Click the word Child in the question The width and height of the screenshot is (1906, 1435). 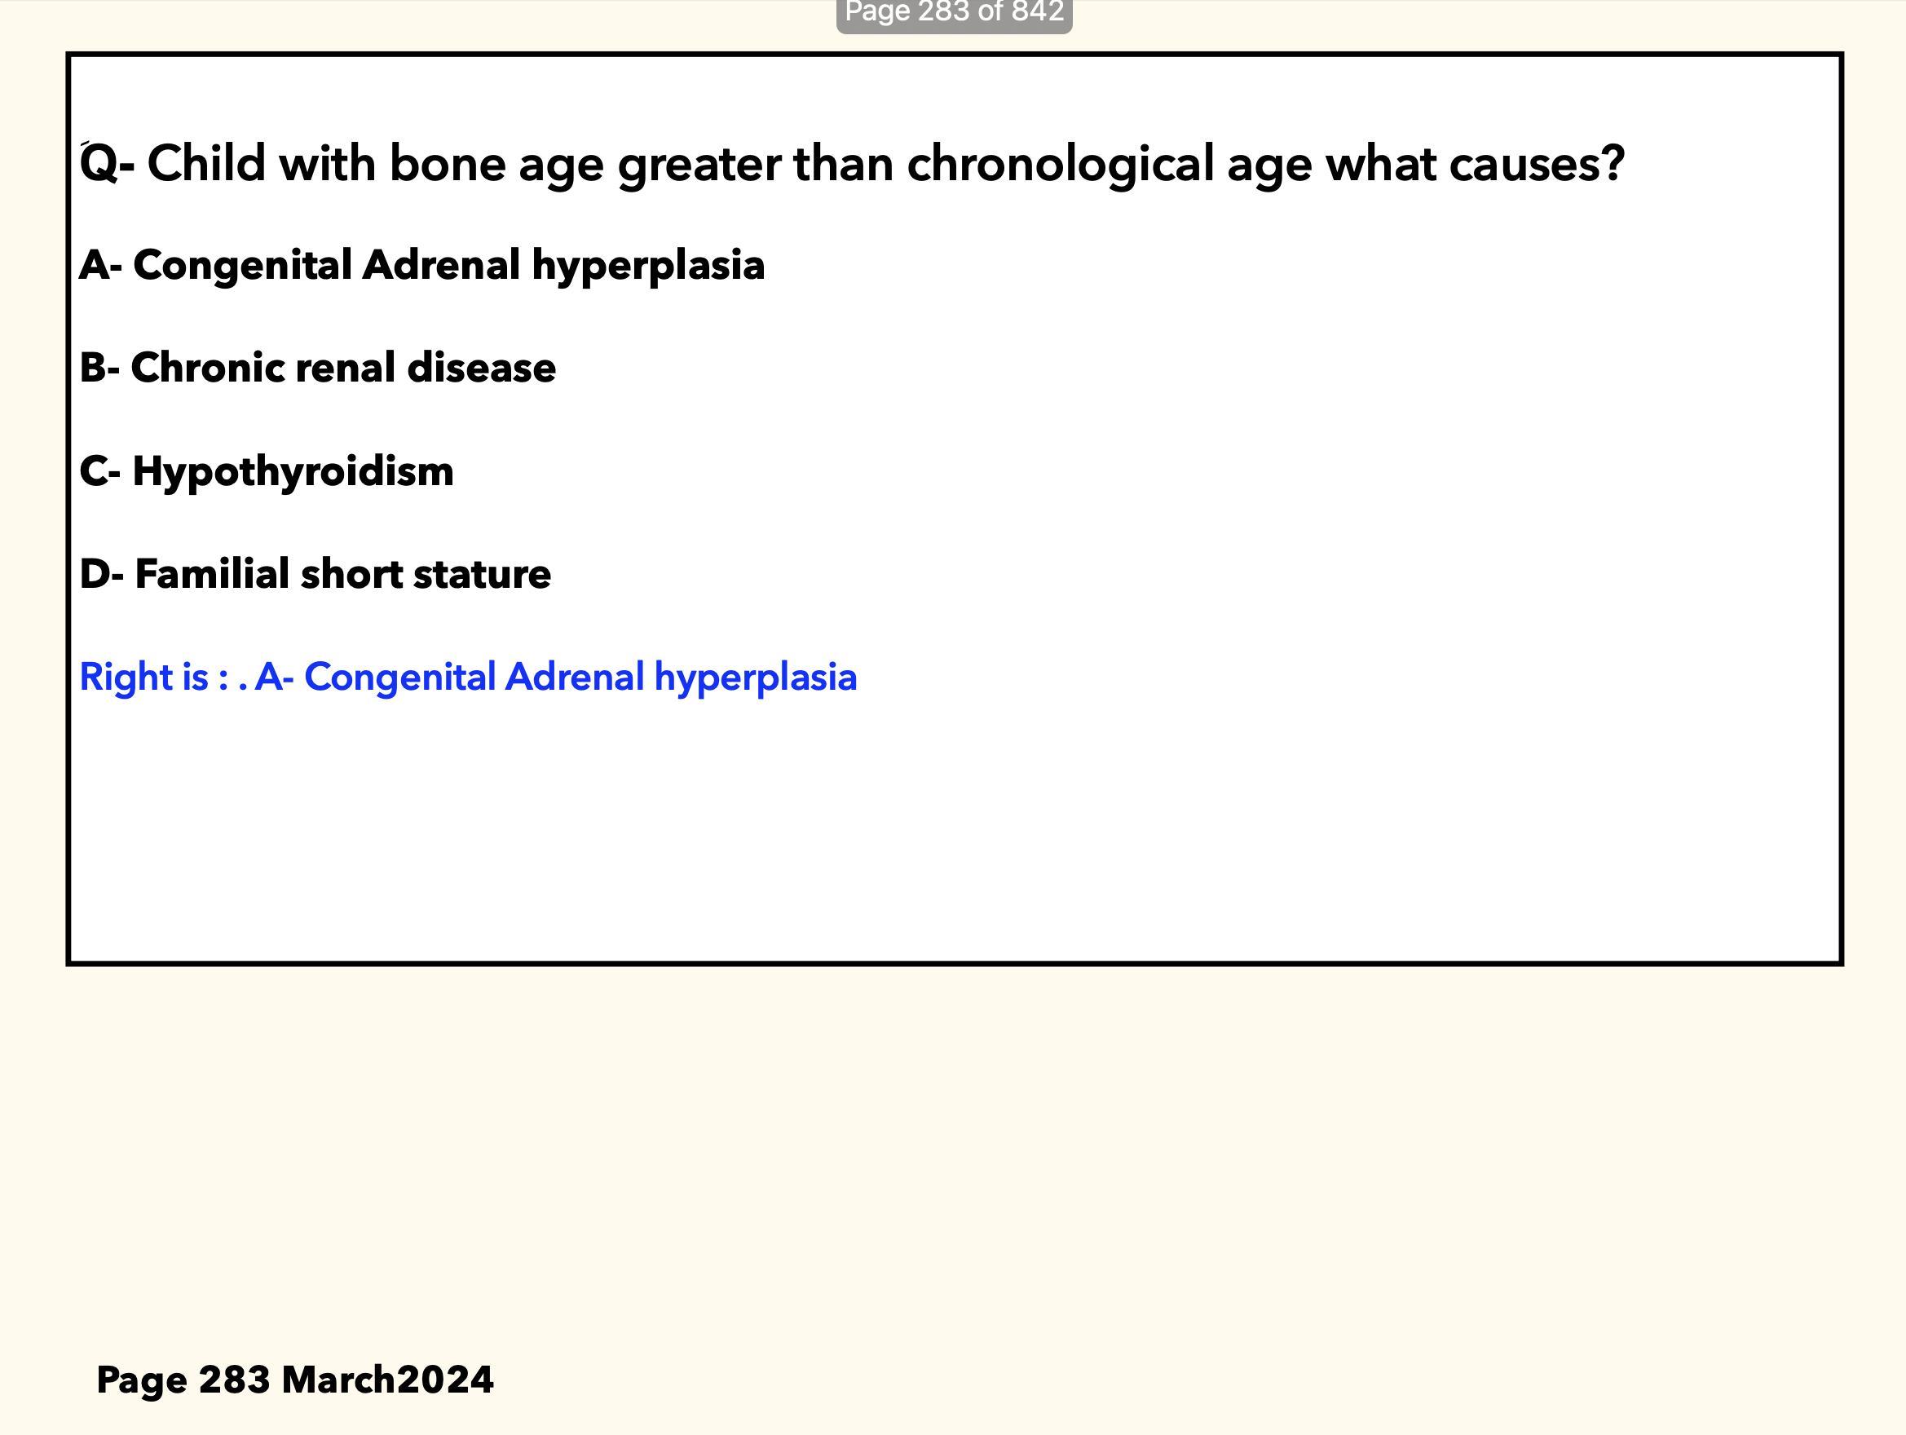[x=206, y=163]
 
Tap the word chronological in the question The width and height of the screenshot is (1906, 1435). [x=1061, y=165]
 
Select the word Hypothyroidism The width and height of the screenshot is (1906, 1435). [x=293, y=472]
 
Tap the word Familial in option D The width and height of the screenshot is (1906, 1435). [x=212, y=574]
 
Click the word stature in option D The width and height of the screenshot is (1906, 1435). [x=482, y=575]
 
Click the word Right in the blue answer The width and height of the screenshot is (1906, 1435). [x=126, y=678]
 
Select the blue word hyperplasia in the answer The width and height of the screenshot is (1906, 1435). [x=756, y=678]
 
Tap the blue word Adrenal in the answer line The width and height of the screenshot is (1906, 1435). [x=575, y=677]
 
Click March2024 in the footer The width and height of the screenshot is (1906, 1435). [x=388, y=1380]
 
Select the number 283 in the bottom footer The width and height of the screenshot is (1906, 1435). [x=233, y=1380]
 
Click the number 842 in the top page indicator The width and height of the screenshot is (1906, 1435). [x=1038, y=11]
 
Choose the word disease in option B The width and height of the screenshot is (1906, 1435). [x=482, y=368]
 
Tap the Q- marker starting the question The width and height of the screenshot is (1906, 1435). [x=106, y=163]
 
